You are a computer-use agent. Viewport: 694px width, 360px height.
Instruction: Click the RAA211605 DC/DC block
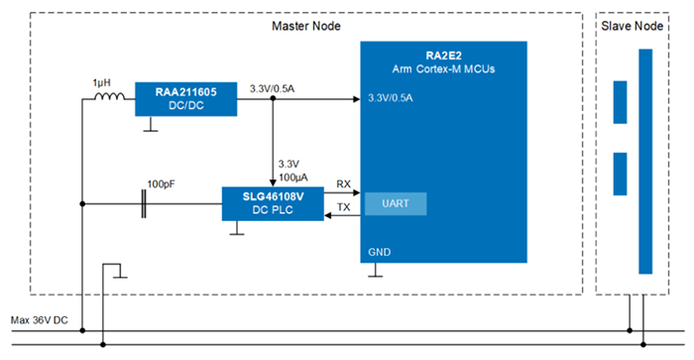[186, 99]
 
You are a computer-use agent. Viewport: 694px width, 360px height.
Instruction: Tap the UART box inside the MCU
[396, 204]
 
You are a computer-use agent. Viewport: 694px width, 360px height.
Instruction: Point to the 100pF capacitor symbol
[146, 204]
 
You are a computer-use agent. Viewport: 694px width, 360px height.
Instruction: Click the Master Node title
[304, 26]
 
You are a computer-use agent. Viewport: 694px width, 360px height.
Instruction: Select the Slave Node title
[633, 26]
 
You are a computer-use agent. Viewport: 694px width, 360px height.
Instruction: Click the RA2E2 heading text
[444, 56]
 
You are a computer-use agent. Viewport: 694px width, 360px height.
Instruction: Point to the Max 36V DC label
[41, 320]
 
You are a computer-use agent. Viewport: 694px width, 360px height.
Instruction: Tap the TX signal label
[343, 208]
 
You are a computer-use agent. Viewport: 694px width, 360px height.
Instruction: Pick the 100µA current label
[290, 176]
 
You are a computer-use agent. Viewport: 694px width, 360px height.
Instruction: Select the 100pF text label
[162, 184]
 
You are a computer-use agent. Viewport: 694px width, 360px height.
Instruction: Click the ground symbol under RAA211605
[149, 125]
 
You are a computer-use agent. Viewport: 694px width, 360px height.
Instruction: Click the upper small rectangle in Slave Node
[621, 102]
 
